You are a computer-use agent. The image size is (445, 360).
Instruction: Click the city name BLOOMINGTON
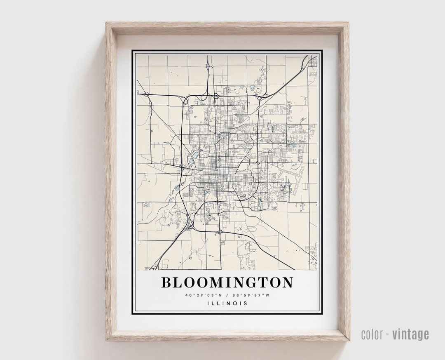(x=227, y=282)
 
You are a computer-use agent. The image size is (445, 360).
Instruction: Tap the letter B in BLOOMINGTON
(x=166, y=282)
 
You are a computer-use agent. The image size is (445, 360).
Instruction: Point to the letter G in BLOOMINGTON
(x=255, y=282)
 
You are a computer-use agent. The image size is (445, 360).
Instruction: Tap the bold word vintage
(x=410, y=334)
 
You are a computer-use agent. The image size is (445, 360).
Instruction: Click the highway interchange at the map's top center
(x=208, y=67)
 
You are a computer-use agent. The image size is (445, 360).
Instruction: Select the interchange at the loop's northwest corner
(x=184, y=99)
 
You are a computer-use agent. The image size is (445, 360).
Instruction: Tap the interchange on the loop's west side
(x=181, y=168)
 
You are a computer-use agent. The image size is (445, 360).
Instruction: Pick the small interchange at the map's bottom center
(x=220, y=232)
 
